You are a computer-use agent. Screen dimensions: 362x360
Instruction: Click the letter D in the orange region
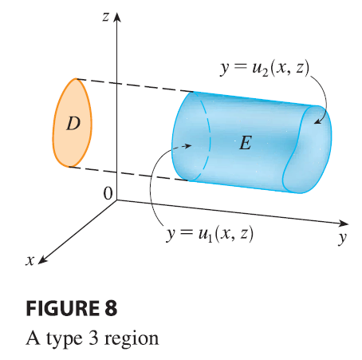point(73,124)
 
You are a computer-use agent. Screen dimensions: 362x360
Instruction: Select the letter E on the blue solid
point(246,143)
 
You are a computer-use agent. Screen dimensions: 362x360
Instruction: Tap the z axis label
point(106,17)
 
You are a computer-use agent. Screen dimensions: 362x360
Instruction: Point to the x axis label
point(30,260)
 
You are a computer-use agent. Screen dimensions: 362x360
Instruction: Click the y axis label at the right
point(343,237)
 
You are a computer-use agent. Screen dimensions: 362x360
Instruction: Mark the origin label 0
point(108,193)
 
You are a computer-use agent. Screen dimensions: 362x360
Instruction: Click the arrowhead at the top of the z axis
point(117,17)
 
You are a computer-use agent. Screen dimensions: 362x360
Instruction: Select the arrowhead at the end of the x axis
point(43,260)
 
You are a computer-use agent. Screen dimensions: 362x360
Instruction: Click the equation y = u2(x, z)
point(265,69)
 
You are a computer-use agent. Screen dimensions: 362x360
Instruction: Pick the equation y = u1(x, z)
point(210,235)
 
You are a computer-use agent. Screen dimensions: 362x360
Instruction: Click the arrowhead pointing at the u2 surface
point(318,121)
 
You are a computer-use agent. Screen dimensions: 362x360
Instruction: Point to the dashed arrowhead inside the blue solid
point(188,145)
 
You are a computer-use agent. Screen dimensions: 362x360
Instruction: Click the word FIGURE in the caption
point(62,308)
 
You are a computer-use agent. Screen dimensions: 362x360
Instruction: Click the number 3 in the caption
point(93,338)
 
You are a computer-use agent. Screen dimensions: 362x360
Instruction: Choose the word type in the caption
point(65,339)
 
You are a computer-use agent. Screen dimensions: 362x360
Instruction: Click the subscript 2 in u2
point(265,73)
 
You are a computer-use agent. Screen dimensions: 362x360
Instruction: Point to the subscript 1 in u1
point(210,239)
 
